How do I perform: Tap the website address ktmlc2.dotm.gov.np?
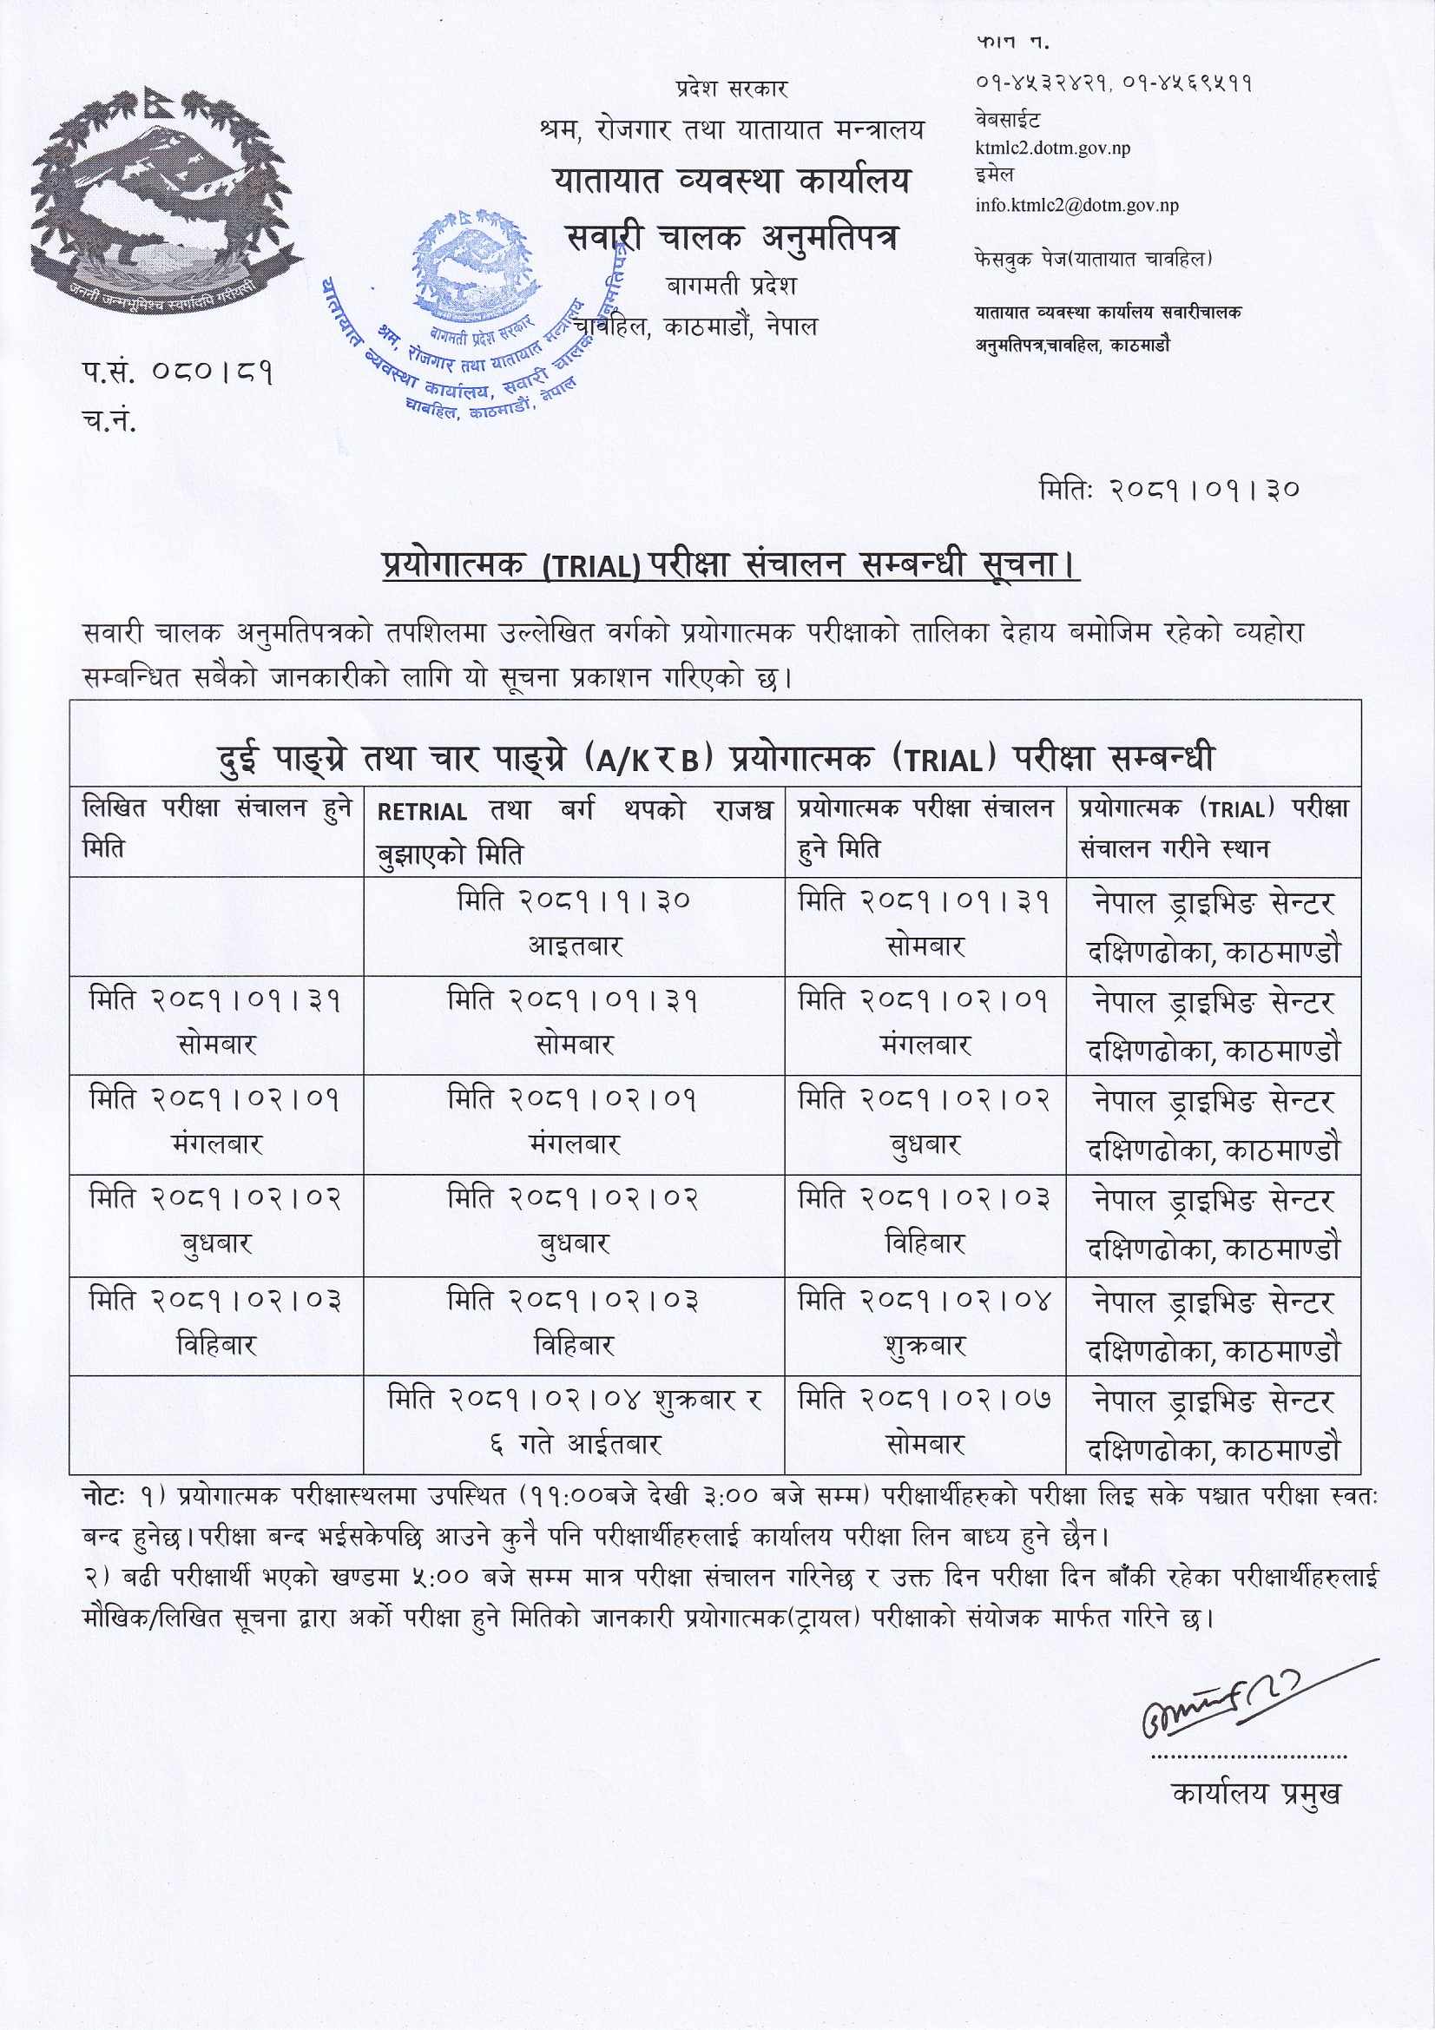tap(1052, 148)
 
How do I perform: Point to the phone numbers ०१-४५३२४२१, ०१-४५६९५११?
tap(1113, 83)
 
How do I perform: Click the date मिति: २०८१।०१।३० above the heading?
tap(1168, 488)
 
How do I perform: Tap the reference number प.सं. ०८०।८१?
tap(178, 373)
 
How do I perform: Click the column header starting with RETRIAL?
tap(574, 831)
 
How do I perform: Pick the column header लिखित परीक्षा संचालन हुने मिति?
tap(217, 827)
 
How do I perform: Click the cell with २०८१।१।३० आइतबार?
tap(574, 923)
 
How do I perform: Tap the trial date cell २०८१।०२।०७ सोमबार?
tap(924, 1421)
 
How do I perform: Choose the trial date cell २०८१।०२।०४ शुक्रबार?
tap(924, 1322)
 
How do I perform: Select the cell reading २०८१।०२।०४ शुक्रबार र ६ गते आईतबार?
tap(574, 1421)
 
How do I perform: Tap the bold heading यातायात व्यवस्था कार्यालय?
tap(731, 181)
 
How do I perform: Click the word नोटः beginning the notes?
tap(106, 1496)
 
